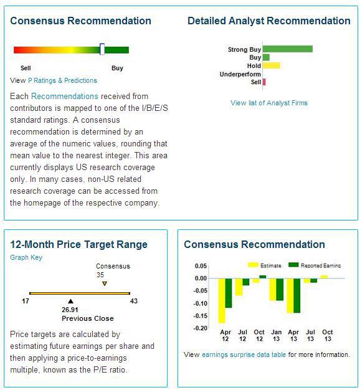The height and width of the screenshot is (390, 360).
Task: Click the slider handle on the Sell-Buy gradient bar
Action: (102, 49)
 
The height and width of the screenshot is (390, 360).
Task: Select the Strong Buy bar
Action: (288, 49)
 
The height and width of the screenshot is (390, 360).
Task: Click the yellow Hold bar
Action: (272, 65)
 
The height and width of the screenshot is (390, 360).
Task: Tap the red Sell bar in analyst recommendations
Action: (264, 82)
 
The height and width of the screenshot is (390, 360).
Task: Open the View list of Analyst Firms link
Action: (269, 103)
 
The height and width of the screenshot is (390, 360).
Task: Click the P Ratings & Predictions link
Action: (62, 80)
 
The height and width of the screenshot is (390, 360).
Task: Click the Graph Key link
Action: (26, 257)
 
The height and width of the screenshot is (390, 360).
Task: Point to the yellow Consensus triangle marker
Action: (105, 283)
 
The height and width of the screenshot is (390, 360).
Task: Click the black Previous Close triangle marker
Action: (70, 301)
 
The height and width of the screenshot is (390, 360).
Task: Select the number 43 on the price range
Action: (134, 301)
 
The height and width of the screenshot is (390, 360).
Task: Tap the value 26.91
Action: (70, 310)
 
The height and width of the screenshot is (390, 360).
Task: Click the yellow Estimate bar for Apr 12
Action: (222, 300)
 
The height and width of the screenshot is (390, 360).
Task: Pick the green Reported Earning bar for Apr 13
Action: (297, 295)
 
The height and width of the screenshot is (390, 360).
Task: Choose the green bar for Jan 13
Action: (280, 289)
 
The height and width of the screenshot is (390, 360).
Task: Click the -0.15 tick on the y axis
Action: (201, 316)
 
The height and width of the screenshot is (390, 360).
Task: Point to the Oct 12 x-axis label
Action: (259, 335)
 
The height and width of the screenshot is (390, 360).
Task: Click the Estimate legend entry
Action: (265, 265)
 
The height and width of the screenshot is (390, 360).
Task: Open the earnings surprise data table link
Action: (244, 354)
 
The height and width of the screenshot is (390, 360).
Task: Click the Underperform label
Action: (240, 74)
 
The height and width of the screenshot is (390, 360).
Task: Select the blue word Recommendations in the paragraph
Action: (65, 96)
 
